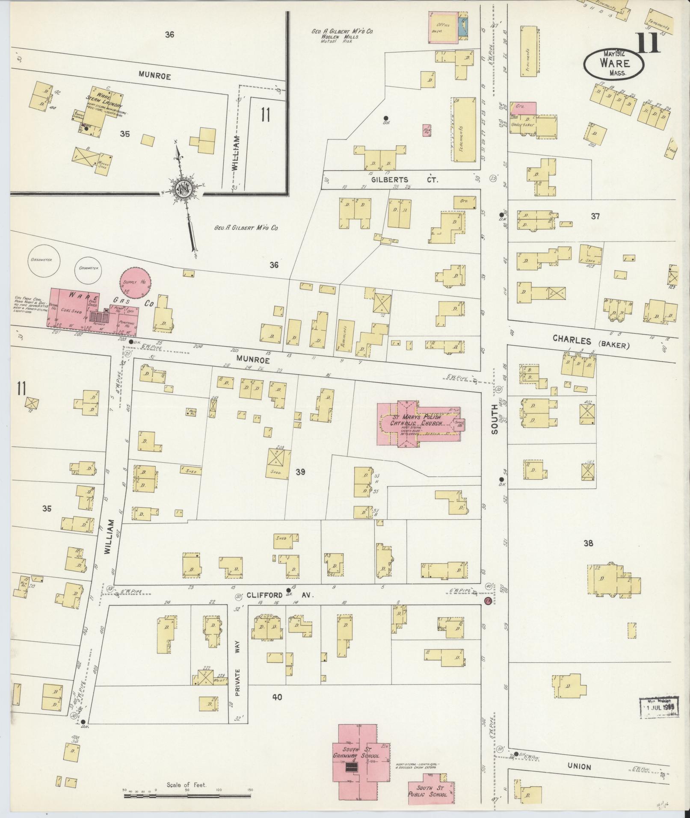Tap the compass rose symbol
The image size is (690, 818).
185,189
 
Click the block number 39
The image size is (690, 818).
300,472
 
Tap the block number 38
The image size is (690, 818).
589,543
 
